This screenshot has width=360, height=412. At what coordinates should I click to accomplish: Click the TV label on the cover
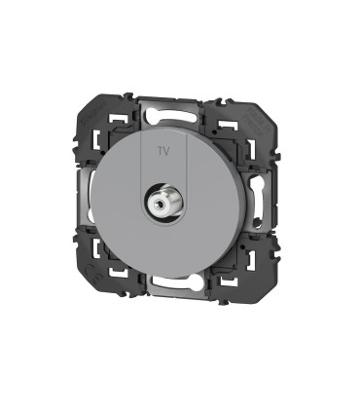[x=163, y=151]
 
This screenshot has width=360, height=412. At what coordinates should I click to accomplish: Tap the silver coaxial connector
[x=161, y=203]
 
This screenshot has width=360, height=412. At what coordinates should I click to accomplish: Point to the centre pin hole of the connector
[x=159, y=204]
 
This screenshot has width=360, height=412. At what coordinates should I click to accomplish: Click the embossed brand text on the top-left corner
[x=94, y=113]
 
